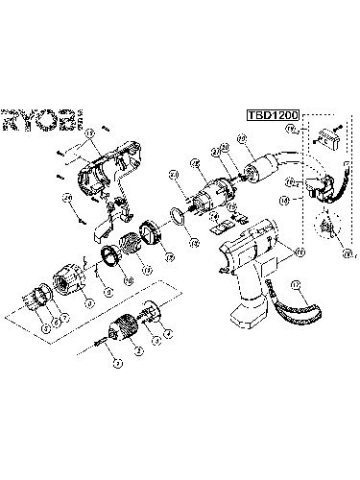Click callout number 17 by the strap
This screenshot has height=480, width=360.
coord(295,284)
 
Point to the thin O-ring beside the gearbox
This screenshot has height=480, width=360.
coord(179,212)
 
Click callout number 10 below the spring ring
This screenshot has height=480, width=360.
coord(107,286)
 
